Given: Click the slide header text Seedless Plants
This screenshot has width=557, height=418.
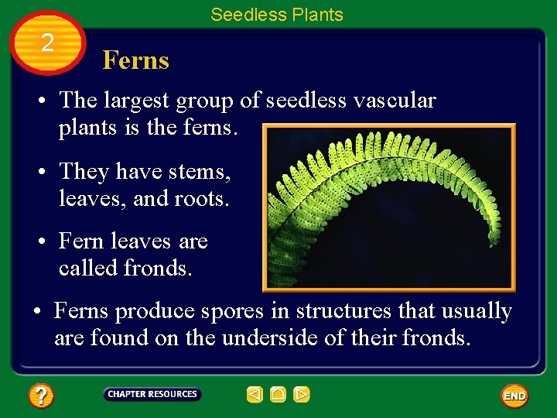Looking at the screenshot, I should [276, 15].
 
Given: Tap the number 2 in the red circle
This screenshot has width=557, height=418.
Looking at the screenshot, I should [48, 43].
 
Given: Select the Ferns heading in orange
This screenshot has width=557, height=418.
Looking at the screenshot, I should [135, 60].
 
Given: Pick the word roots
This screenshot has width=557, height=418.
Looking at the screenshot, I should [203, 199].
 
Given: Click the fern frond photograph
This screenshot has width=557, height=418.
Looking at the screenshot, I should [388, 207].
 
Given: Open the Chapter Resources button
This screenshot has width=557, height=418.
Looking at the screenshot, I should [152, 394].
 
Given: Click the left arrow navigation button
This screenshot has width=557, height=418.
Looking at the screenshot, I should [255, 395].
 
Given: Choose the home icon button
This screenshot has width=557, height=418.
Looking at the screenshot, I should [278, 395].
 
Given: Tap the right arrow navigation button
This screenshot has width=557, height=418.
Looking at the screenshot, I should [302, 395].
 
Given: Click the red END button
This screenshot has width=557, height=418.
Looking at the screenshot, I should [514, 396].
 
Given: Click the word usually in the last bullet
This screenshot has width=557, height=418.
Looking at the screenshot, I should [477, 311].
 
